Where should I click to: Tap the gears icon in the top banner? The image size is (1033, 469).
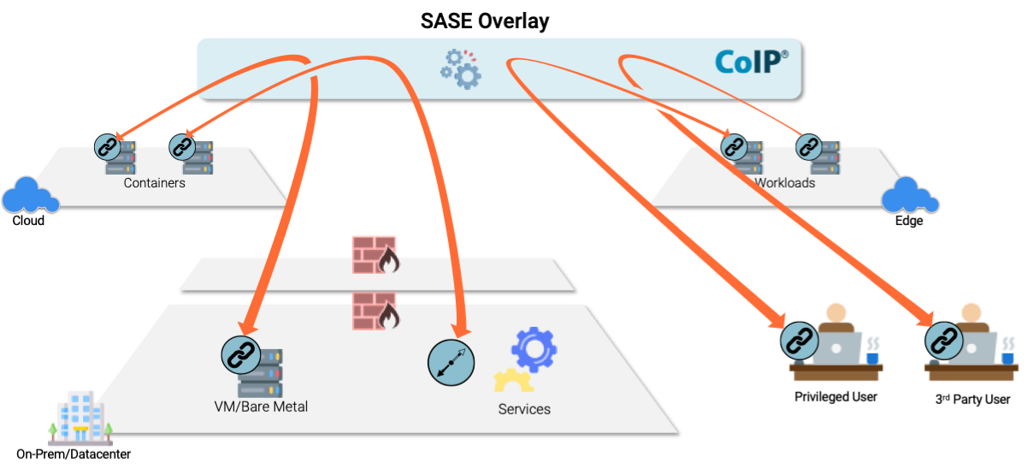[461, 69]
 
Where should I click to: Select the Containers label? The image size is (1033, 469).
[154, 183]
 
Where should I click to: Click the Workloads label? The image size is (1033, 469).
[784, 183]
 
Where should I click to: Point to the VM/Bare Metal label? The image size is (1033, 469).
[261, 407]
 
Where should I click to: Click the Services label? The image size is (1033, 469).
[524, 409]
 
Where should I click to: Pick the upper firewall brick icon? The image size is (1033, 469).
[375, 254]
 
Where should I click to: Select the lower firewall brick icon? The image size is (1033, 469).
[375, 311]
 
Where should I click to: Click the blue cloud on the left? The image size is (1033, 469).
[30, 195]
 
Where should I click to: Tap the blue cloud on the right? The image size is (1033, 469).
[910, 195]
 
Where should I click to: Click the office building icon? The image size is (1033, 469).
[80, 419]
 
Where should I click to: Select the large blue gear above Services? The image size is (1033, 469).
[534, 349]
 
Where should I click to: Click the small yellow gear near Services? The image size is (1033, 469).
[512, 382]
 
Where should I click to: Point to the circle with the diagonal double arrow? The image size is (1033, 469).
[451, 364]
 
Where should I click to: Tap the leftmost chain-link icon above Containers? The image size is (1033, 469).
[108, 147]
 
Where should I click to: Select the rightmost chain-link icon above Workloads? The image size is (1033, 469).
[808, 147]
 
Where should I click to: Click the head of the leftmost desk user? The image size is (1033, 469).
[835, 312]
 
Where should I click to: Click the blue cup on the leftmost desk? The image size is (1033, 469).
[871, 355]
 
